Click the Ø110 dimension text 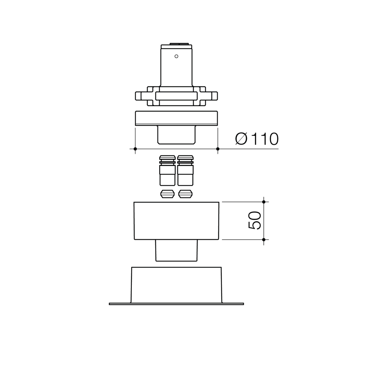[x=257, y=139]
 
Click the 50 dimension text [x=254, y=220]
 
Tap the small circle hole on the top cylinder [x=176, y=56]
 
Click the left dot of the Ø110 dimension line [x=135, y=149]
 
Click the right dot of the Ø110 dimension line [x=218, y=149]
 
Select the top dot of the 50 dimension [x=264, y=202]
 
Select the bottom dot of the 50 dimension [x=264, y=240]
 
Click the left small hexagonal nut [x=167, y=194]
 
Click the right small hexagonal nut [x=185, y=194]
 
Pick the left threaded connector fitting [x=167, y=171]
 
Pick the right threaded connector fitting [x=185, y=171]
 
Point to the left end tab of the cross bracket [x=138, y=96]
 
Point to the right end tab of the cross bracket [x=215, y=96]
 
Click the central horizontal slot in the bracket [x=176, y=96]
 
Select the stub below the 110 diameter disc [x=176, y=135]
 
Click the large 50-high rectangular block [x=176, y=221]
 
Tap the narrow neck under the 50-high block [x=176, y=250]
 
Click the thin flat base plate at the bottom [x=176, y=304]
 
